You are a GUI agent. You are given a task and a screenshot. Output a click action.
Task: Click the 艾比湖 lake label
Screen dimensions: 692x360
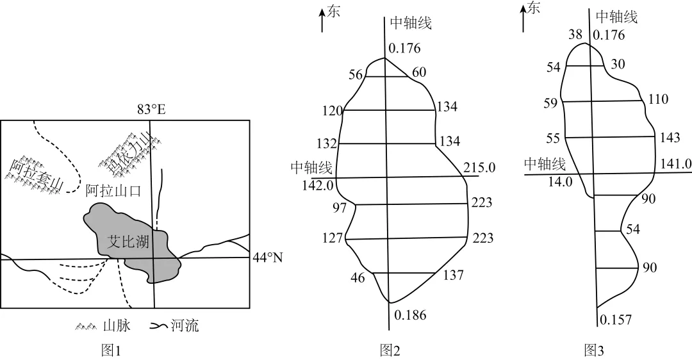pyautogui.click(x=128, y=241)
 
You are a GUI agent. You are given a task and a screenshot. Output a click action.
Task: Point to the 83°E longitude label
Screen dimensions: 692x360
pyautogui.click(x=151, y=110)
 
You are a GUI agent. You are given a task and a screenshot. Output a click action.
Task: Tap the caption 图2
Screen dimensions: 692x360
pyautogui.click(x=390, y=350)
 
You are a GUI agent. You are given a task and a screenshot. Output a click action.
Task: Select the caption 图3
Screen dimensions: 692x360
pyautogui.click(x=593, y=350)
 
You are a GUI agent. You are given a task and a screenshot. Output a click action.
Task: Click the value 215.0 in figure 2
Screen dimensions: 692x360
pyautogui.click(x=480, y=168)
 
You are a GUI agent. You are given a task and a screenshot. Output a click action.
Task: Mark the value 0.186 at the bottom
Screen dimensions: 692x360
pyautogui.click(x=410, y=315)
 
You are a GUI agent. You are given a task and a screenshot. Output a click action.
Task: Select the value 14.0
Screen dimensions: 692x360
pyautogui.click(x=560, y=182)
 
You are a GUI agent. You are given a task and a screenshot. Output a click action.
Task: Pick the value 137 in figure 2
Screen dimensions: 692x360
pyautogui.click(x=453, y=275)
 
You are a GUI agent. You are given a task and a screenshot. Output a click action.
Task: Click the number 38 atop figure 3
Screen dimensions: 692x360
pyautogui.click(x=575, y=35)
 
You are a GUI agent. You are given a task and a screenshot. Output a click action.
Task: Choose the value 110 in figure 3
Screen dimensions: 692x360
pyautogui.click(x=658, y=99)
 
